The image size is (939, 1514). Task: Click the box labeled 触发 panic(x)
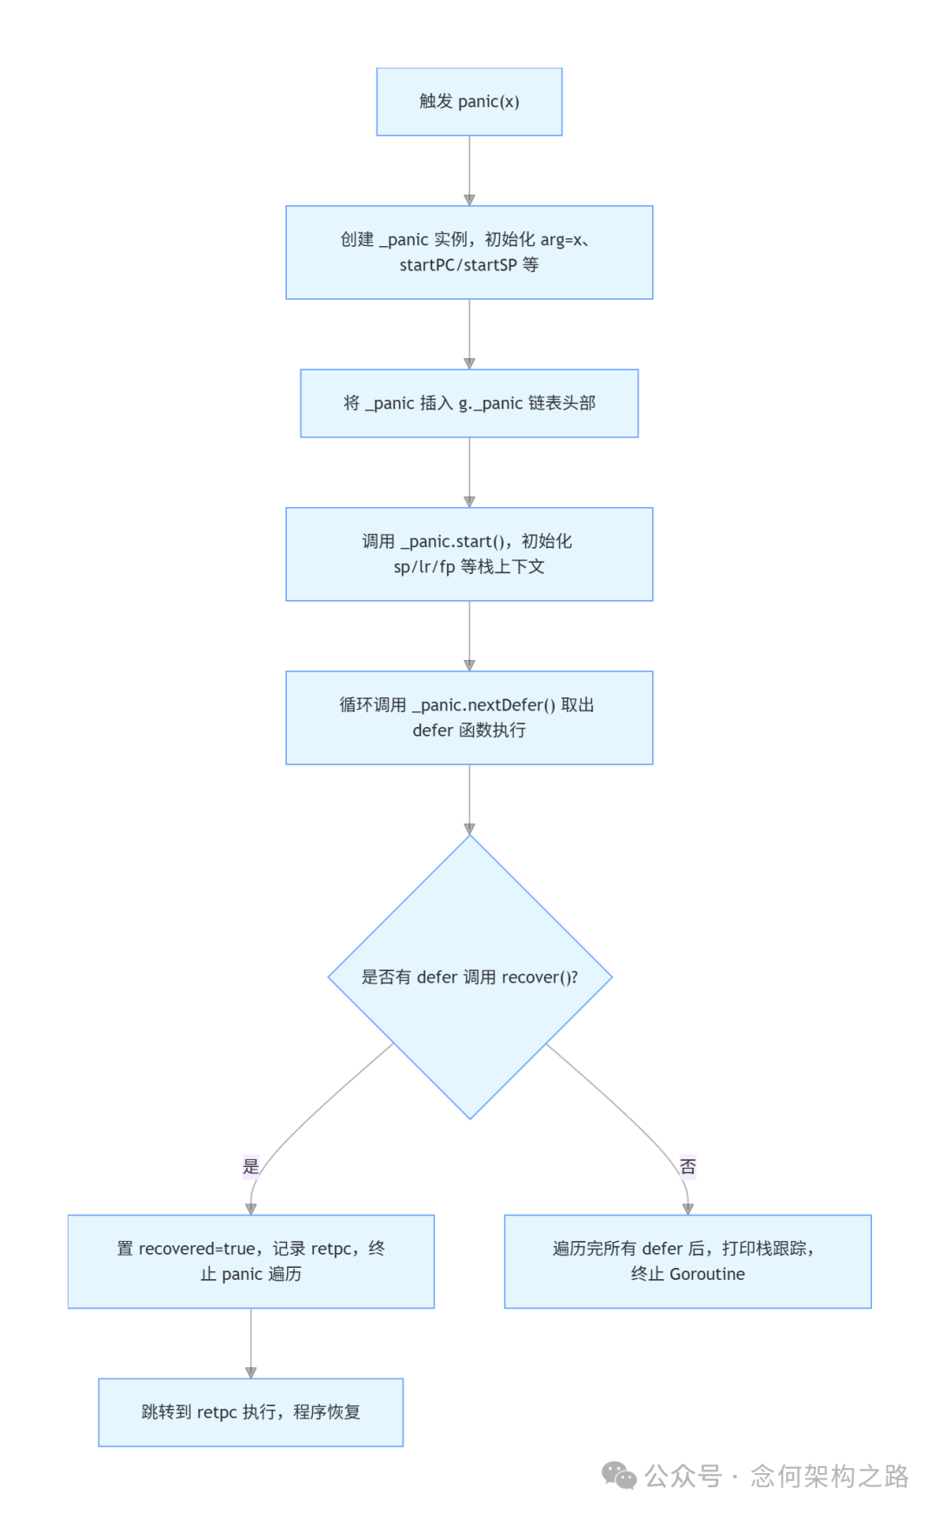[x=469, y=102]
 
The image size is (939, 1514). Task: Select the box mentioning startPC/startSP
[x=469, y=252]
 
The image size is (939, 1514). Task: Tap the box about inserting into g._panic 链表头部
[x=469, y=403]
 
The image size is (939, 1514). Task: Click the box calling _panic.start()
[x=469, y=554]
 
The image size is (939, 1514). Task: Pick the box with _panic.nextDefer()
[x=469, y=717]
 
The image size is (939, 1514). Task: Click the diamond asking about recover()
[x=469, y=977]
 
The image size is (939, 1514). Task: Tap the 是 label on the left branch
[x=251, y=1166]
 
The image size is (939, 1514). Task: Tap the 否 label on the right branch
[x=688, y=1166]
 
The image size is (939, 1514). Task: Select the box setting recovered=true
[x=251, y=1261]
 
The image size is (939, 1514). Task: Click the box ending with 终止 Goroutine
[x=688, y=1261]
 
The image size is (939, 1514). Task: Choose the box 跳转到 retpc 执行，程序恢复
[x=251, y=1411]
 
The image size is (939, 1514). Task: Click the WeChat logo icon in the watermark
[x=619, y=1475]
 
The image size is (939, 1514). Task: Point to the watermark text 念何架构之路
[x=829, y=1475]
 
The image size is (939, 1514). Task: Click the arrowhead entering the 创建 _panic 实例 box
[x=469, y=200]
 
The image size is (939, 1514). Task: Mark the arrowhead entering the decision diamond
[x=469, y=829]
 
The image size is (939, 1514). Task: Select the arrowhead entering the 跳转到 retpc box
[x=251, y=1372]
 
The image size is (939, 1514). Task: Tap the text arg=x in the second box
[x=561, y=239]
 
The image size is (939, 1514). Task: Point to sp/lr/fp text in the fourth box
[x=424, y=567]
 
